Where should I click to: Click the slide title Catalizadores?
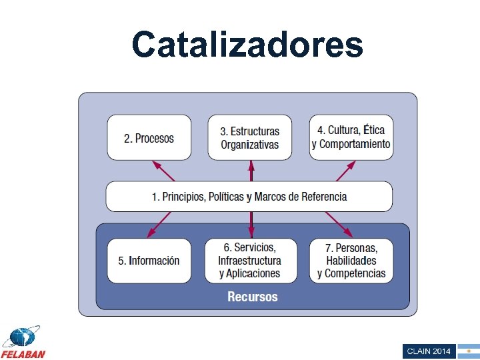[247, 45]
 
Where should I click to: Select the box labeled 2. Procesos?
[149, 138]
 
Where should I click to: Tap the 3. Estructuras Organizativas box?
[250, 138]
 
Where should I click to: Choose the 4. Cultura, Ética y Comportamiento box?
[351, 137]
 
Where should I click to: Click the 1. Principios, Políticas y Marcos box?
[249, 197]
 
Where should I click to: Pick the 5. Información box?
[149, 261]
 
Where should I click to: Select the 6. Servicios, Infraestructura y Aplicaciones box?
[250, 261]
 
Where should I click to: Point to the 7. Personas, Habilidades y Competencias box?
[351, 261]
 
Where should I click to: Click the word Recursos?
[253, 297]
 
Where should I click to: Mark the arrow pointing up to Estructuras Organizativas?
[251, 171]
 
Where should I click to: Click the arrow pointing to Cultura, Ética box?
[345, 171]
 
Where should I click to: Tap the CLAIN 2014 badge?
[428, 351]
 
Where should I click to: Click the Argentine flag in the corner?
[468, 351]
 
